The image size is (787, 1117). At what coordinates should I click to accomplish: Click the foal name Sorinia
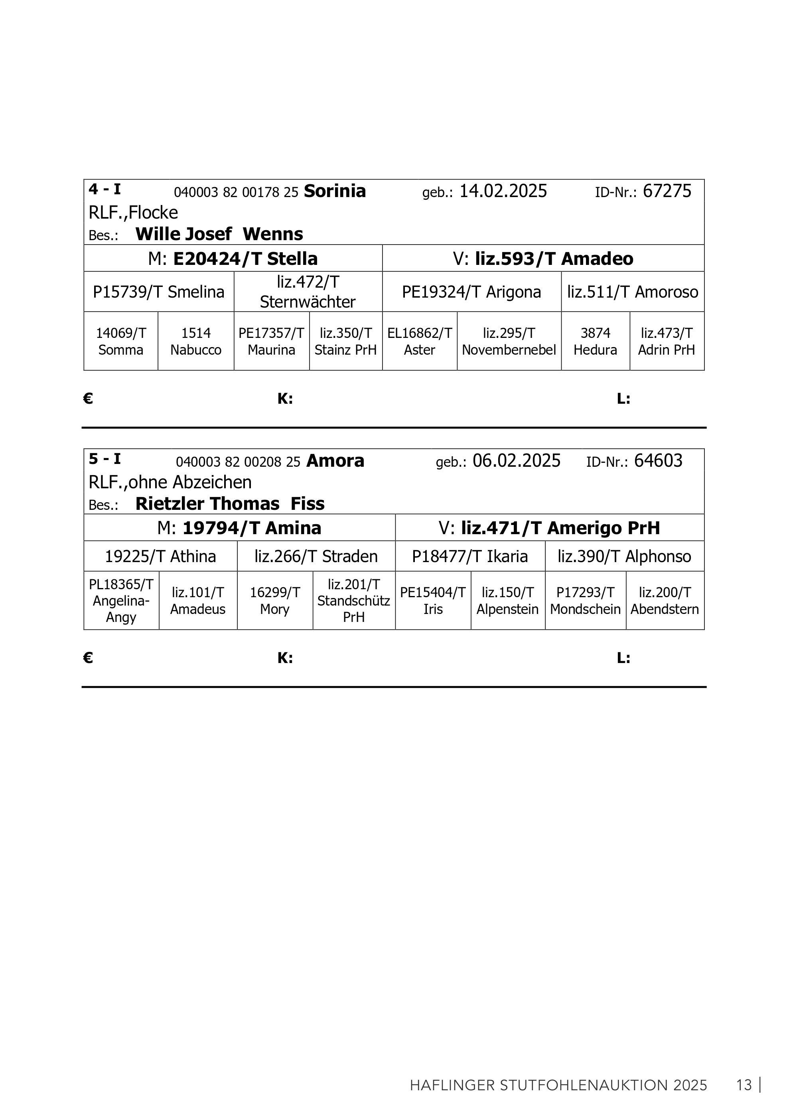335,191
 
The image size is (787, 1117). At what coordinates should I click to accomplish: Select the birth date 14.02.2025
503,191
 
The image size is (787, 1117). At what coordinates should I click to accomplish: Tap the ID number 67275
667,191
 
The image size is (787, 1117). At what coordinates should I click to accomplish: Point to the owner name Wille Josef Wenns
219,234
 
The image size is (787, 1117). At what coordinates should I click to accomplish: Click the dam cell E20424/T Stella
233,259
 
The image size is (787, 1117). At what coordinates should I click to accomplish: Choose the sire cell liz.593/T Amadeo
543,259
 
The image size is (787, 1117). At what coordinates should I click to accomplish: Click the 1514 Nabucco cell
195,341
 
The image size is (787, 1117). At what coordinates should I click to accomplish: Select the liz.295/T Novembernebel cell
509,341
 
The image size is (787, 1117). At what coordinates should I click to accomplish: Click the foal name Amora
335,461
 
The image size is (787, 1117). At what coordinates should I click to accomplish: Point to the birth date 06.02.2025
516,461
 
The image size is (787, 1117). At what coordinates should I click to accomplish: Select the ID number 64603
658,461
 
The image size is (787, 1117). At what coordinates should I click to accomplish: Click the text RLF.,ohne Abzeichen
170,482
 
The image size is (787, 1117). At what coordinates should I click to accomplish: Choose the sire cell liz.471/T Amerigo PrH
549,528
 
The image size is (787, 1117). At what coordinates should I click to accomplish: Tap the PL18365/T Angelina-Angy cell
121,600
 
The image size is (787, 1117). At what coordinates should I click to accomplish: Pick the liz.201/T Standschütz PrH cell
354,600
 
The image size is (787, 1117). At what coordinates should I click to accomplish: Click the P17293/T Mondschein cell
585,600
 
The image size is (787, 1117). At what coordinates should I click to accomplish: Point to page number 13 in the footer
744,1085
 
